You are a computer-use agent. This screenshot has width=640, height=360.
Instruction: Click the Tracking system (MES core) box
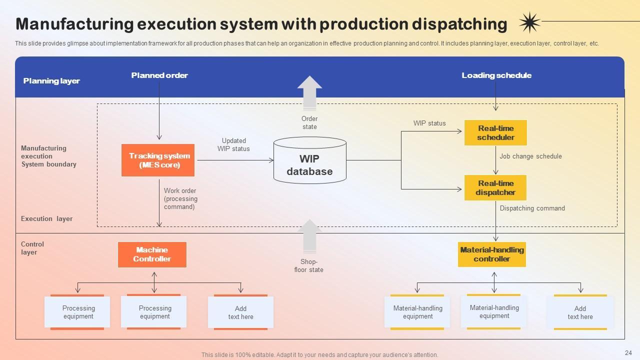click(158, 160)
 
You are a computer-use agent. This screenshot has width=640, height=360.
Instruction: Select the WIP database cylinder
click(310, 160)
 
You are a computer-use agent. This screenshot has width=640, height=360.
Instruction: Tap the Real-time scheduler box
click(495, 133)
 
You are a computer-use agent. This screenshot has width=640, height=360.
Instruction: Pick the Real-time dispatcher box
click(495, 188)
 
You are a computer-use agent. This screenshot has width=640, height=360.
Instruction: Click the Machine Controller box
click(152, 254)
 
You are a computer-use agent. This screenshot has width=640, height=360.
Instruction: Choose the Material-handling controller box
click(492, 254)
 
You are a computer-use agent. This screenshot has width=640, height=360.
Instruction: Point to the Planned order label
click(159, 75)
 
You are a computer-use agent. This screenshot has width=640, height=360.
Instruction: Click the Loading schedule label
click(496, 75)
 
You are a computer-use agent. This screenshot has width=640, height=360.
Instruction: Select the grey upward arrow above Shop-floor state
click(309, 236)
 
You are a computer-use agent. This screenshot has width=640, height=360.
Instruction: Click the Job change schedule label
click(530, 156)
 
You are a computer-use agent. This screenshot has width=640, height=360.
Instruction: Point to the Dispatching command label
click(532, 208)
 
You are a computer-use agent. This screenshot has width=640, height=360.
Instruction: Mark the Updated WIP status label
click(233, 145)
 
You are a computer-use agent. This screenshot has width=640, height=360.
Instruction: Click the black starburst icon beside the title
click(529, 22)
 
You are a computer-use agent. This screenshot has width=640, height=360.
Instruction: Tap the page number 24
click(628, 352)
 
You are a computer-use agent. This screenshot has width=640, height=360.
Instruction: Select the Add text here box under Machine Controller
click(240, 312)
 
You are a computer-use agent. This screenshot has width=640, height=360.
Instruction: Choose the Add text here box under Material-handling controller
click(580, 312)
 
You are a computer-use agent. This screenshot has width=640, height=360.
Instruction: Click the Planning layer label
click(51, 81)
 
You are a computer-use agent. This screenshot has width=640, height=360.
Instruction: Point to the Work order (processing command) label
click(180, 198)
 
